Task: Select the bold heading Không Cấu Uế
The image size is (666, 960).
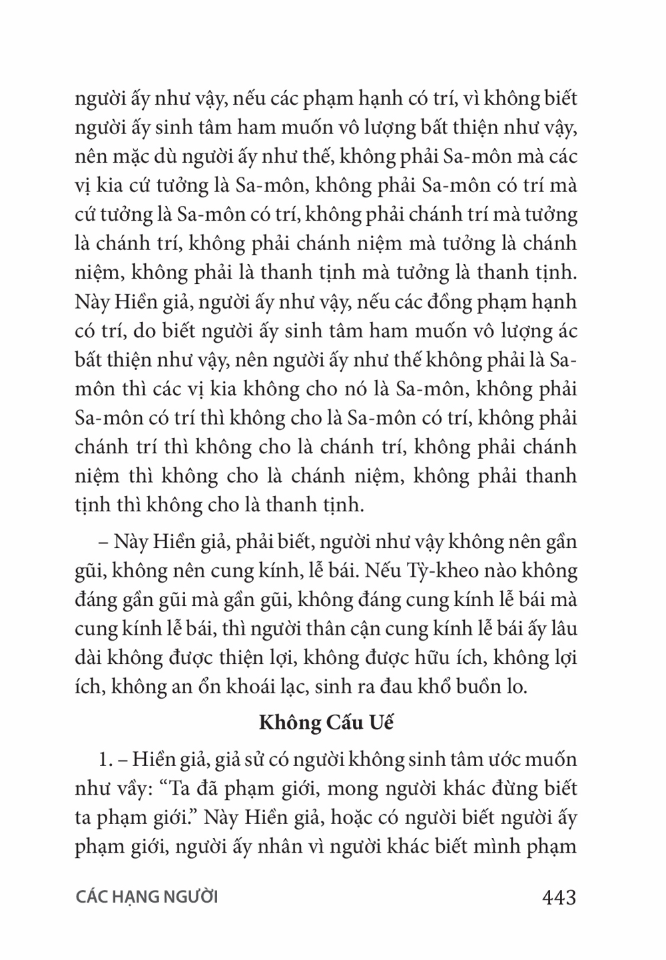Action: [x=326, y=723]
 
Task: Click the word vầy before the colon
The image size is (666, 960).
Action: [x=131, y=789]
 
